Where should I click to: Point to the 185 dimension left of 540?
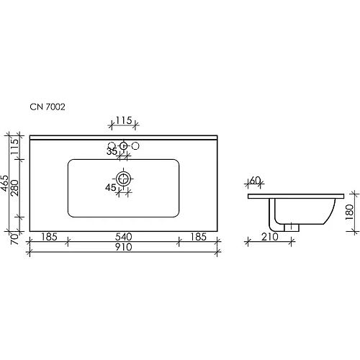tap(49, 236)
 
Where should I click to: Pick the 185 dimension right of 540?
tap(198, 236)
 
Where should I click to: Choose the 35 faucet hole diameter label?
tap(112, 152)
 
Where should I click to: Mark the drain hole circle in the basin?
tap(125, 179)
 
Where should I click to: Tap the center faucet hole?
tap(125, 146)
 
